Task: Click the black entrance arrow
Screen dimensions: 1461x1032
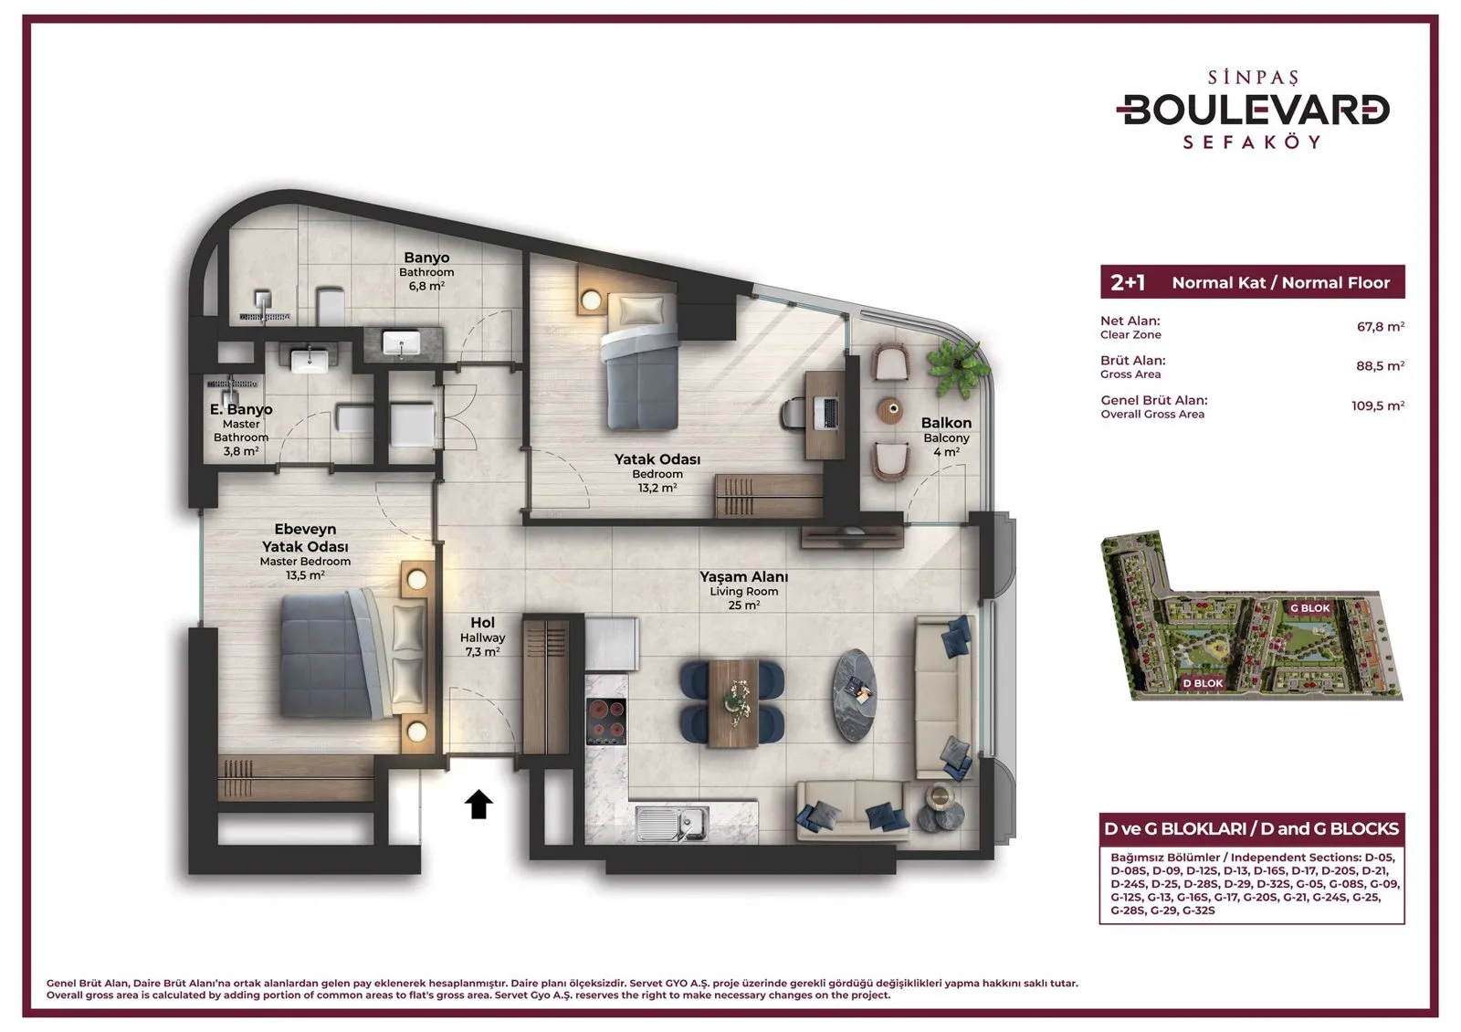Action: [478, 804]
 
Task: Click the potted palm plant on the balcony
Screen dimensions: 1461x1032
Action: [958, 368]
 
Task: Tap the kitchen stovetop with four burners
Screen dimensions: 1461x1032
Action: [606, 721]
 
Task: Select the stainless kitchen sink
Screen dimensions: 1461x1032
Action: [672, 824]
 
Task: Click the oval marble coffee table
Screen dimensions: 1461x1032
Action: [854, 695]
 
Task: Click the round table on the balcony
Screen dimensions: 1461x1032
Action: [890, 410]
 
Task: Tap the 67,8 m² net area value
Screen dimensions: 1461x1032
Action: [1380, 326]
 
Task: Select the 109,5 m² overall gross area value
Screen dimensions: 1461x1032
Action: [1378, 405]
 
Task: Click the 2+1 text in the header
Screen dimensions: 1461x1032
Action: [1128, 282]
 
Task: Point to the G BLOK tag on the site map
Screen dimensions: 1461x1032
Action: [1309, 608]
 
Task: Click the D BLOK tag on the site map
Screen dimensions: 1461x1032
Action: [1203, 683]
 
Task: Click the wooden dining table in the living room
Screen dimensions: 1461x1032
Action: [733, 702]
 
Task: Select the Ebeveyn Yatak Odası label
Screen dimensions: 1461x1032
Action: [305, 538]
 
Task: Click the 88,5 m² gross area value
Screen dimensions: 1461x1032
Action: [1380, 366]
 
